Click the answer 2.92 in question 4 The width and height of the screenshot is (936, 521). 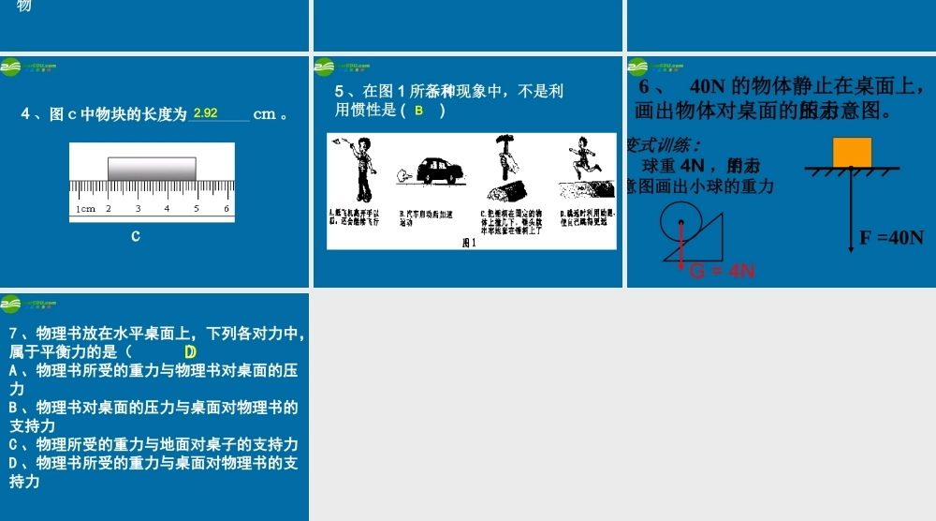point(205,113)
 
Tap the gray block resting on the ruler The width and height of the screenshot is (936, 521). point(152,168)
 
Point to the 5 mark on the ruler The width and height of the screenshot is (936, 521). point(197,209)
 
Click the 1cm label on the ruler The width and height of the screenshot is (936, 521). point(85,209)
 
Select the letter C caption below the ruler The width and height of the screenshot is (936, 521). point(136,236)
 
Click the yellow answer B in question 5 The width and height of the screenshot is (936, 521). point(419,111)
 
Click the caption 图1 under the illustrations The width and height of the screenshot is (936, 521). point(469,243)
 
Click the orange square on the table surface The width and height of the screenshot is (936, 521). point(852,152)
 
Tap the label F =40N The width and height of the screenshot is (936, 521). point(891,237)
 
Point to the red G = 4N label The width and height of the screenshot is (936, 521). point(722,272)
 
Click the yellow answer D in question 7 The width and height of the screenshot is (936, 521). point(190,352)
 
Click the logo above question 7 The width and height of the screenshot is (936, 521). point(11,304)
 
